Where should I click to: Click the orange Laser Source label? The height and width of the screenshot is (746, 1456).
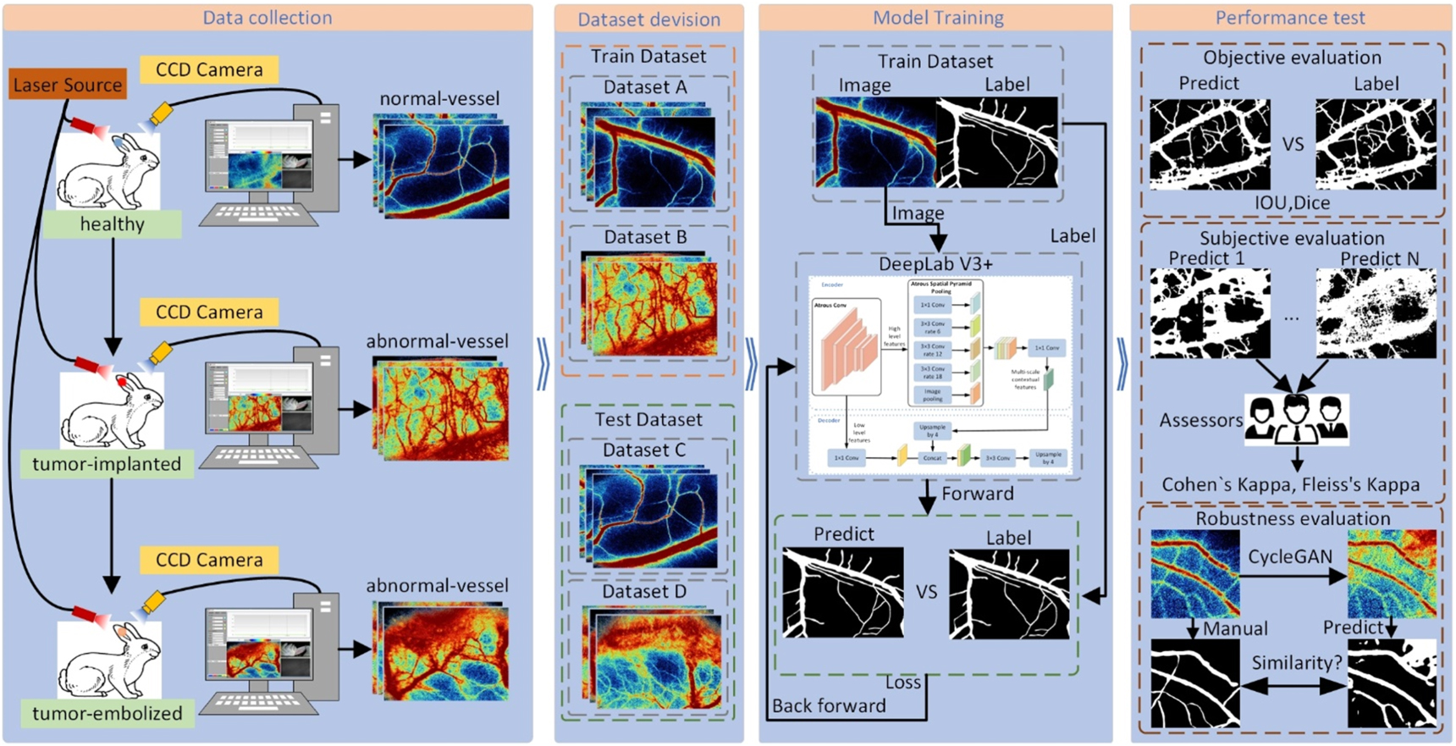coord(68,85)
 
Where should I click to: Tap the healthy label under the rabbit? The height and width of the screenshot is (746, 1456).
coord(112,224)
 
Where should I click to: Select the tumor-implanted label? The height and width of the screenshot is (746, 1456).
coord(107,464)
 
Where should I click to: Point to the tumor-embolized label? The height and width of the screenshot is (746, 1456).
coord(107,713)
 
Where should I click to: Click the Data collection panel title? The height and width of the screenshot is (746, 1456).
coord(267,18)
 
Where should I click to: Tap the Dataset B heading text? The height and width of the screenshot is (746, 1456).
coord(645,237)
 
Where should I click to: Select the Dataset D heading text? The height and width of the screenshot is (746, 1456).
coord(644,591)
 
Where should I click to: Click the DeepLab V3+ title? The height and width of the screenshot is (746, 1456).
coord(935,264)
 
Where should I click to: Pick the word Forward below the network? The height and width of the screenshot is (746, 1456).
coord(977,494)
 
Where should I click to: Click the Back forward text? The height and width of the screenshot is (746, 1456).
coord(829,705)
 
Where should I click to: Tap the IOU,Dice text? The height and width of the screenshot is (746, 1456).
coord(1292,203)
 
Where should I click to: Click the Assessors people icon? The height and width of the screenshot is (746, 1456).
coord(1296,418)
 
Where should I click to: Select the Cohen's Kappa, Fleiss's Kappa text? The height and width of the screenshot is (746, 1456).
coord(1290,485)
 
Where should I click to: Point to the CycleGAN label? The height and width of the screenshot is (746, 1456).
coord(1289,556)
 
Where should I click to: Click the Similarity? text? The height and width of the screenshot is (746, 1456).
coord(1296,662)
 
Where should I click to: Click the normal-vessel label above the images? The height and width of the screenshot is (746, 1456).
coord(439,99)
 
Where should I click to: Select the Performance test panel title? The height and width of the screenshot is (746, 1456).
coord(1290,18)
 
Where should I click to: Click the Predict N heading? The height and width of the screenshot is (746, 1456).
coord(1379,258)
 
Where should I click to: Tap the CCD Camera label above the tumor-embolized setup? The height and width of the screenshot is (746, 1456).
coord(209,560)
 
